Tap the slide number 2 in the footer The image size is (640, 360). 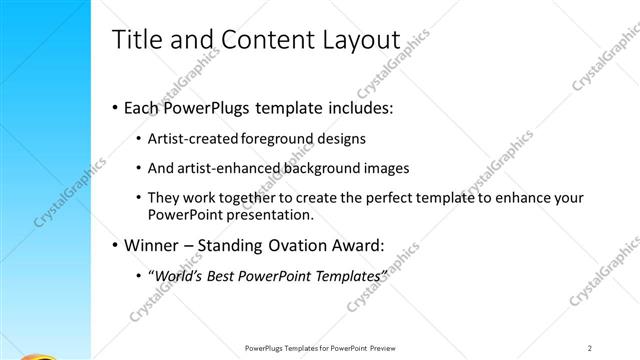(590, 347)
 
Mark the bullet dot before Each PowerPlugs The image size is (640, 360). (115, 107)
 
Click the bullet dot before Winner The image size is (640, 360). (115, 243)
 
